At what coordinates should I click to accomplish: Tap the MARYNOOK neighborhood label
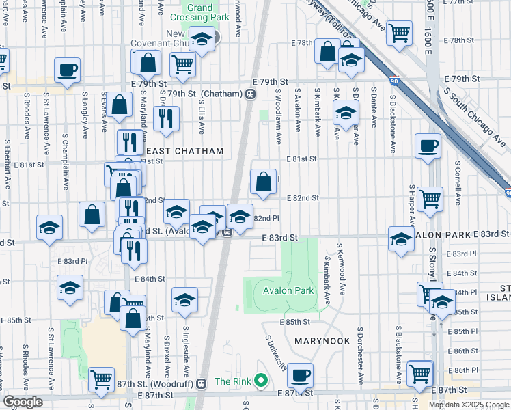point(322,340)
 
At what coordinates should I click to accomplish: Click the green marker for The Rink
point(260,381)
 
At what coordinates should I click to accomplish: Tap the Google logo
point(23,402)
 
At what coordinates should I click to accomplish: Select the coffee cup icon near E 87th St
point(299,374)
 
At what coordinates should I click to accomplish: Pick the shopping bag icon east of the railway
point(263,181)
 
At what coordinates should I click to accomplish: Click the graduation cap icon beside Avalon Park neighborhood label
point(400,238)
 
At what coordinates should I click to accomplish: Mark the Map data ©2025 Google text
point(469,404)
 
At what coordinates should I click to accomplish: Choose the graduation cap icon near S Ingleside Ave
point(184,299)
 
